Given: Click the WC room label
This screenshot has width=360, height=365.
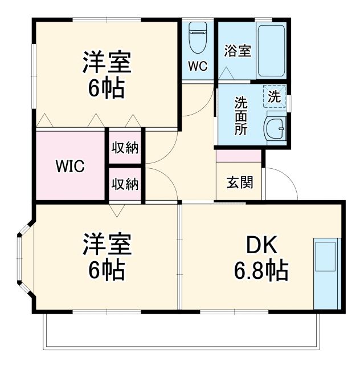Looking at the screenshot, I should pyautogui.click(x=198, y=66).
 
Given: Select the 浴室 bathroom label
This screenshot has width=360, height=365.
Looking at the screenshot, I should pyautogui.click(x=238, y=50).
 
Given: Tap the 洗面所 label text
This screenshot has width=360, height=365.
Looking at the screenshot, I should pyautogui.click(x=241, y=115).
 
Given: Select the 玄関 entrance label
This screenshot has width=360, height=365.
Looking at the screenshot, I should pyautogui.click(x=239, y=183).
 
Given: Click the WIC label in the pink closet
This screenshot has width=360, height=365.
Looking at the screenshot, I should pyautogui.click(x=70, y=167).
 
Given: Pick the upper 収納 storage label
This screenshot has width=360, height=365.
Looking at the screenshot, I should pyautogui.click(x=125, y=148).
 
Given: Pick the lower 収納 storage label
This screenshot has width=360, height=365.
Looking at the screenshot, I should pyautogui.click(x=125, y=184).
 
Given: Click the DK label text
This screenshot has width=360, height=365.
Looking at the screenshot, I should pyautogui.click(x=261, y=245).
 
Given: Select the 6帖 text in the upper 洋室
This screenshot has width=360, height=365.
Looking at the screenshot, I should pyautogui.click(x=107, y=88).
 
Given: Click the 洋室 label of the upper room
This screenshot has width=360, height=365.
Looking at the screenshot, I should pyautogui.click(x=107, y=63).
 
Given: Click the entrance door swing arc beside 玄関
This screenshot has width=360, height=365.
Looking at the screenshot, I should pyautogui.click(x=282, y=184).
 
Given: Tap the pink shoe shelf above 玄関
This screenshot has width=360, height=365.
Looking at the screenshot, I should pyautogui.click(x=239, y=156).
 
